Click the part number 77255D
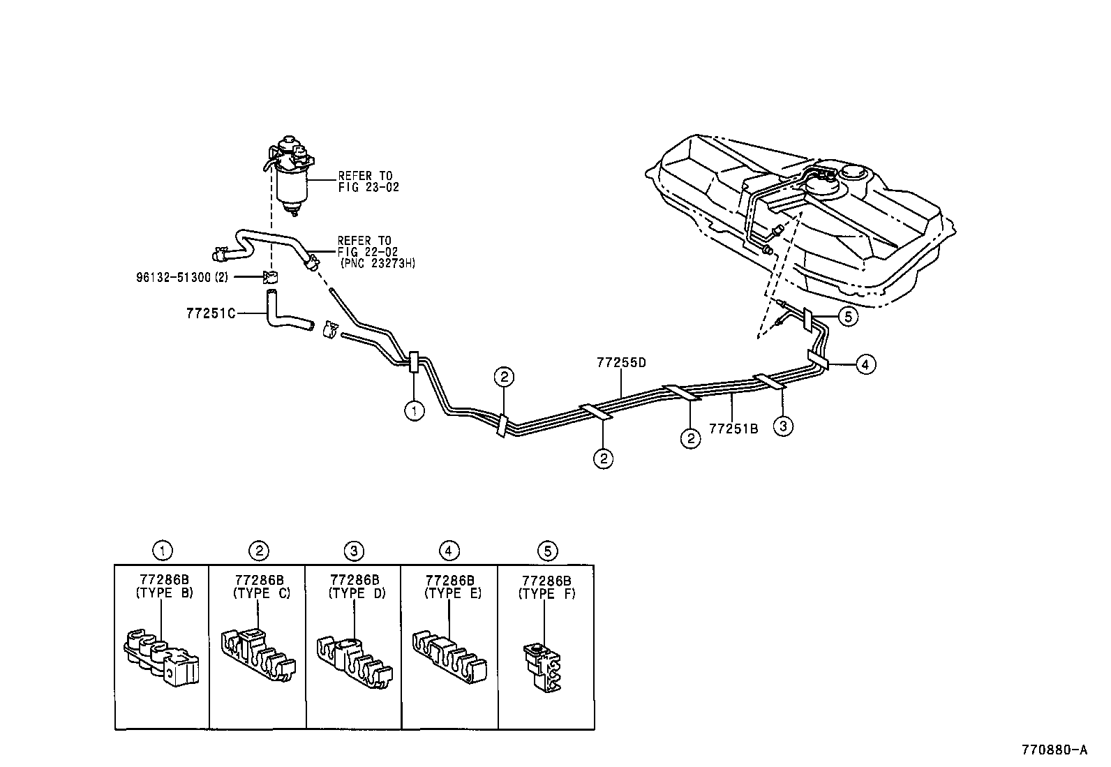(621, 363)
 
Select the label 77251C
(211, 313)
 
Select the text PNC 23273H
(378, 264)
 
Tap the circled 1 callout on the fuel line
(414, 411)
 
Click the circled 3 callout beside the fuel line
(783, 426)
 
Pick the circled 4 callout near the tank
(865, 364)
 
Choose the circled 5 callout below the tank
(847, 317)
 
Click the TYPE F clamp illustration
(543, 667)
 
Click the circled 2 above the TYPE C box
(258, 551)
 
